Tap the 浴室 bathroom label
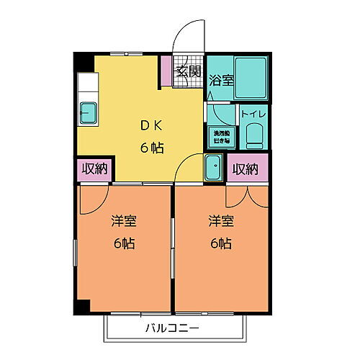(x=221, y=81)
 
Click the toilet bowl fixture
(x=253, y=135)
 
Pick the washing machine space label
(x=221, y=137)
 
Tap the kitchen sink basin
(x=90, y=112)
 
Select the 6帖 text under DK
(x=151, y=148)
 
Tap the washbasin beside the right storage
(x=215, y=169)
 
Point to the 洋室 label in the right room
(x=220, y=220)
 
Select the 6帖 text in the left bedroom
(x=124, y=243)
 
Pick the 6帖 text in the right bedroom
(x=220, y=243)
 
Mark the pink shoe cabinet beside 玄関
(x=166, y=70)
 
